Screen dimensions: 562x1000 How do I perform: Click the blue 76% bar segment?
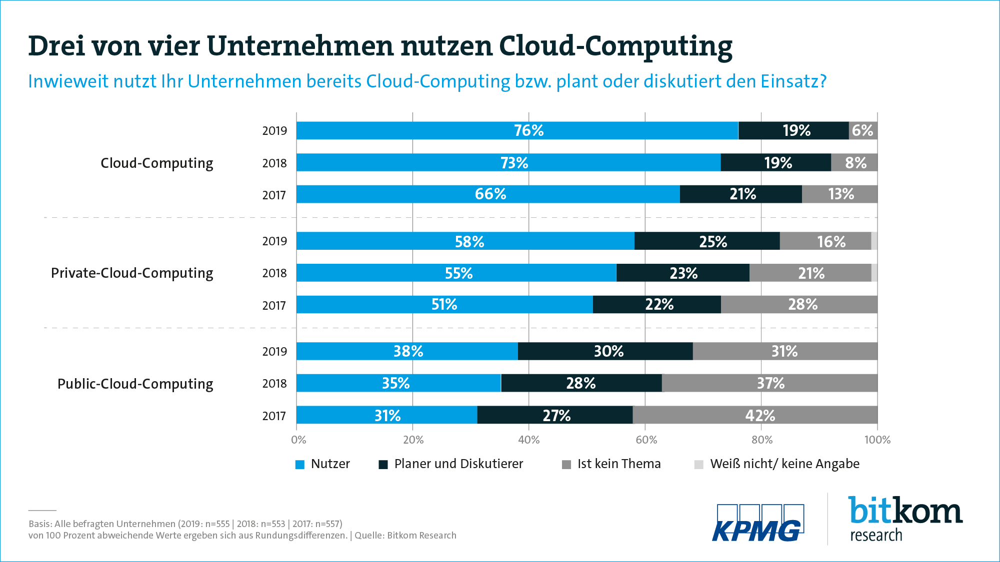pos(517,130)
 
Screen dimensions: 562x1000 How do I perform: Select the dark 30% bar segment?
pos(605,351)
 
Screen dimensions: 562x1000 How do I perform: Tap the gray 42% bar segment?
pos(755,415)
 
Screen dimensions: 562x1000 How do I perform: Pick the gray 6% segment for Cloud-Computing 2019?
pos(863,130)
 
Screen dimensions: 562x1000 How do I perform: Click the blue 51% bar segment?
pos(444,305)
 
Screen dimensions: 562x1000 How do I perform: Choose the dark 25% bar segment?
pos(707,241)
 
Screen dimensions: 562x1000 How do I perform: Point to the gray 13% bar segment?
pos(840,194)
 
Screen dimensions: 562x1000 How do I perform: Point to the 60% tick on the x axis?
pos(646,440)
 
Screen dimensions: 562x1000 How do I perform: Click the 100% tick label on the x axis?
pos(877,440)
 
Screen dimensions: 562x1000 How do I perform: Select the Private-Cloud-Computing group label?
pos(132,273)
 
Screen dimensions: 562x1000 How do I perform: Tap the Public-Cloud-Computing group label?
pos(135,384)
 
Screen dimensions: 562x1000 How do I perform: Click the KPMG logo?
pos(758,523)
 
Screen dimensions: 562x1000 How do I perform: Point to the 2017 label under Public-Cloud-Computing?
pos(274,416)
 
